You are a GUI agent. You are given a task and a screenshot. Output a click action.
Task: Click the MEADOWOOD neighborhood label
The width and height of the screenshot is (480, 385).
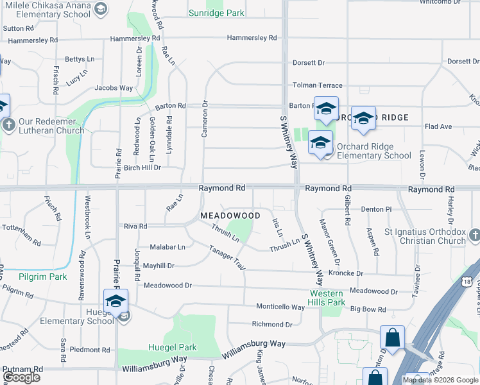click(230, 216)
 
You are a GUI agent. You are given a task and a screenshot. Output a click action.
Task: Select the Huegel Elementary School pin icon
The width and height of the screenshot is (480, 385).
click(116, 301)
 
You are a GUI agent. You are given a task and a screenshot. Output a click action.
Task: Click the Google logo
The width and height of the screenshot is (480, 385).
click(21, 377)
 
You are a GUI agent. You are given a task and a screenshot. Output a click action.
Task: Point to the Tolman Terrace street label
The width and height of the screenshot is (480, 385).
click(318, 85)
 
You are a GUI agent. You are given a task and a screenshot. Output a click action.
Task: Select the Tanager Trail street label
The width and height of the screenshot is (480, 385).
click(227, 259)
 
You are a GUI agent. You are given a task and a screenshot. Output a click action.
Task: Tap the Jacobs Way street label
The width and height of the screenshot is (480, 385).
click(114, 88)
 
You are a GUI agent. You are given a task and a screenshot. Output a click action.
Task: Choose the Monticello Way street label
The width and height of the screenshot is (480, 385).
click(280, 307)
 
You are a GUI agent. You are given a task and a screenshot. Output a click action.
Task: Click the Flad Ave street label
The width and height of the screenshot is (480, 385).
click(438, 126)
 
